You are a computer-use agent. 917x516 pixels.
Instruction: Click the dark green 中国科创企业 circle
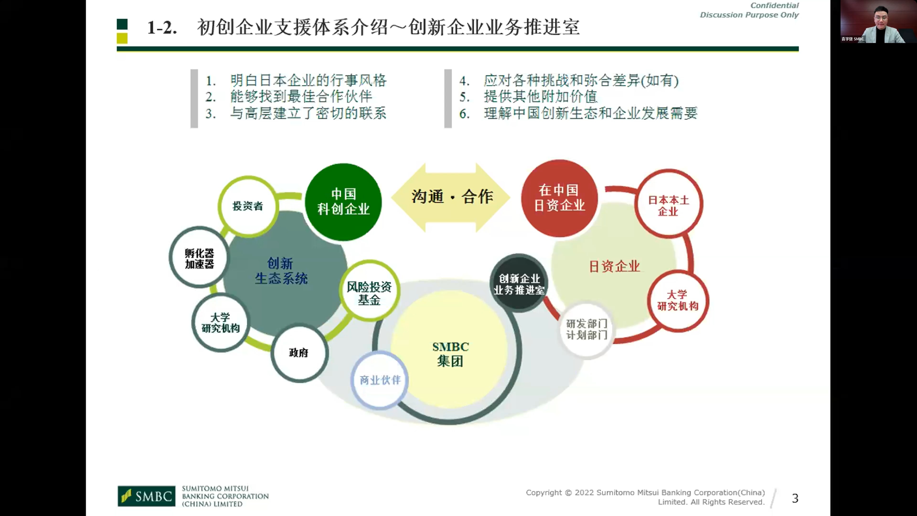coord(343,202)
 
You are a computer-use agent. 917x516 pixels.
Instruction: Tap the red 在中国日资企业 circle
coord(559,198)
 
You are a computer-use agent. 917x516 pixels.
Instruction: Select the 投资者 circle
coord(248,206)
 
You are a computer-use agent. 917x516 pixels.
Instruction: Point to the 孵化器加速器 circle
coord(199,257)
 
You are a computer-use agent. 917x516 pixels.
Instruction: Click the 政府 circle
coord(299,353)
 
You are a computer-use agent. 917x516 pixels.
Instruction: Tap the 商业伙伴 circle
coord(380,380)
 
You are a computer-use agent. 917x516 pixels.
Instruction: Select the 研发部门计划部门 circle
coord(586,329)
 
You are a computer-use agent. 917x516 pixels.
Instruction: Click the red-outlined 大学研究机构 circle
coord(678,301)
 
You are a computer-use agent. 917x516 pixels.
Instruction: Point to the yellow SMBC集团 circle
coord(450,353)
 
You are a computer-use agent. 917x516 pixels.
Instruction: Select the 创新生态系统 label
coord(281,271)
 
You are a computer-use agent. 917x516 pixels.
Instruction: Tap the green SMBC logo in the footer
coord(146,496)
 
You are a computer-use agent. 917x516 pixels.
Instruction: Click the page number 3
coord(795,498)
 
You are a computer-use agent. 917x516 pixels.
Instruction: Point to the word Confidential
coord(774,5)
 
